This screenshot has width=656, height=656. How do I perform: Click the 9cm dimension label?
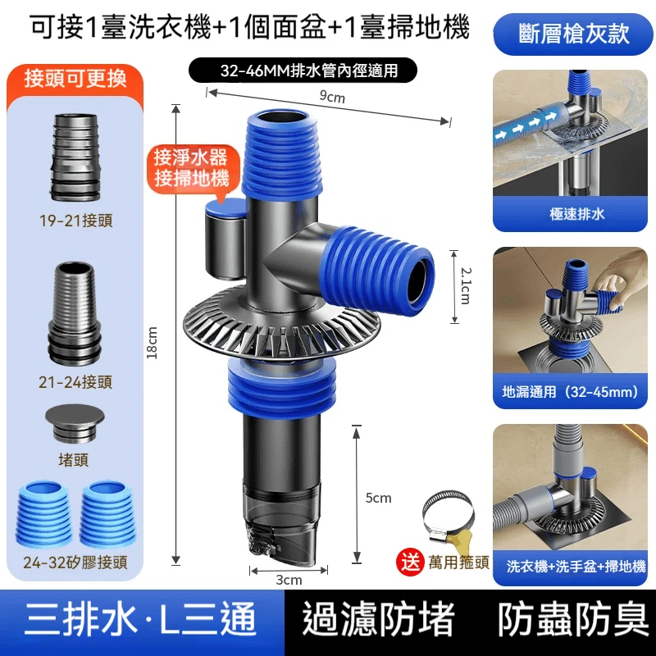pyautogui.click(x=332, y=97)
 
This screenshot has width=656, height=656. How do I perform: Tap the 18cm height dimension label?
pyautogui.click(x=152, y=343)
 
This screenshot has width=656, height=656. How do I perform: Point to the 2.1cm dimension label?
pyautogui.click(x=465, y=285)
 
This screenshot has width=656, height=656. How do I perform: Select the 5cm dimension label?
pyautogui.click(x=378, y=498)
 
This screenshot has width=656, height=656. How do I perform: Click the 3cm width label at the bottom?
pyautogui.click(x=289, y=580)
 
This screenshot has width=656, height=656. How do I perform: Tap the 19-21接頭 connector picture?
pyautogui.click(x=75, y=157)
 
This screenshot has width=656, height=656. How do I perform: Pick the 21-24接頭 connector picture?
pyautogui.click(x=75, y=314)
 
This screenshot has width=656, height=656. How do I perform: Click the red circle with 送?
pyautogui.click(x=411, y=562)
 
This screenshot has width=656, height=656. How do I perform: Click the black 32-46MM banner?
pyautogui.click(x=303, y=71)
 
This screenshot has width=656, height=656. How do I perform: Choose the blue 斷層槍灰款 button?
pyautogui.click(x=573, y=34)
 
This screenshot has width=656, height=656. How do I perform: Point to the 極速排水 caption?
pyautogui.click(x=577, y=214)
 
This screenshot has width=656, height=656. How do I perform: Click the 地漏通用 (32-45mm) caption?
pyautogui.click(x=571, y=392)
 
